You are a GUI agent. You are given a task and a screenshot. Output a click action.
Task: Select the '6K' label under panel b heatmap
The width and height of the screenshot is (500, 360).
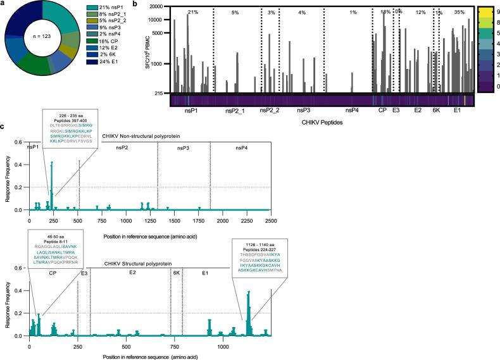coord(435,111)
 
